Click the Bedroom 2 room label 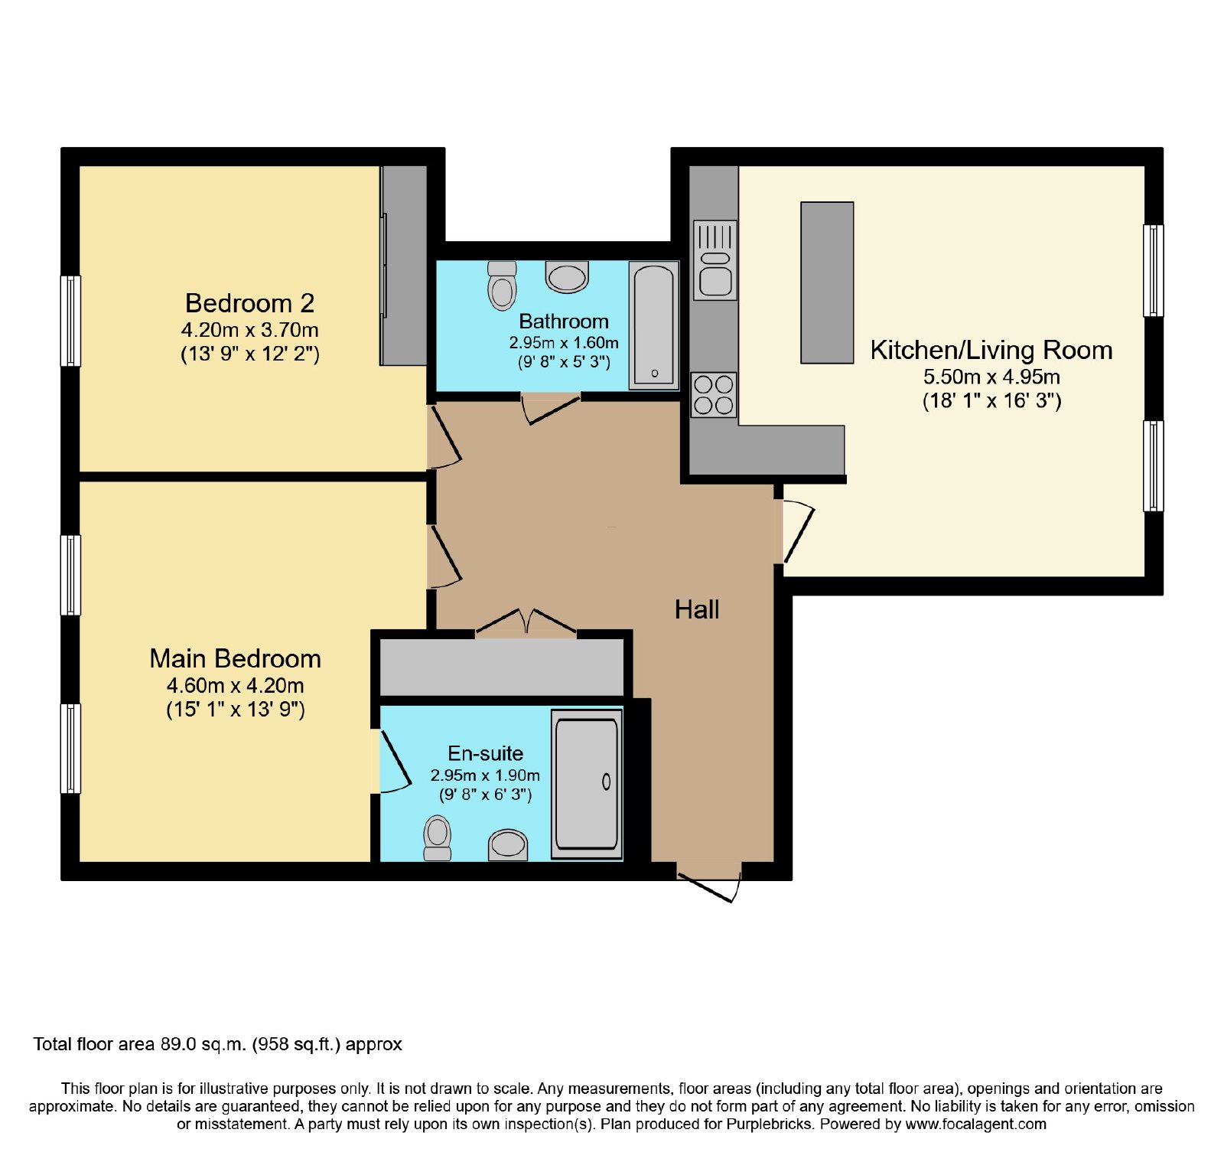pos(249,303)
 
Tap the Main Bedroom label pos(235,658)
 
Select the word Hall pos(697,609)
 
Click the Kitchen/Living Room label pos(991,350)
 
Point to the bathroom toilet pos(502,285)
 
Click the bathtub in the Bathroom pos(654,325)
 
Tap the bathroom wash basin pos(567,276)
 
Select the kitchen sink pos(715,260)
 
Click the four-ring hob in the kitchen pos(714,395)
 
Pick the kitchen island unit pos(827,282)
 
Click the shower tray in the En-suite pos(587,783)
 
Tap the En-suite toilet pos(438,838)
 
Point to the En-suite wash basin pos(508,845)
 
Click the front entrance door pos(709,885)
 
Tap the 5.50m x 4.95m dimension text pos(991,377)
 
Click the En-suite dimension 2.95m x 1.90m pos(485,775)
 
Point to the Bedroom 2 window pos(70,321)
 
